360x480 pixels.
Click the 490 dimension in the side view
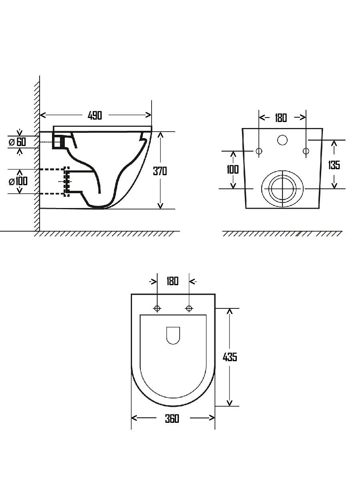[x=95, y=115]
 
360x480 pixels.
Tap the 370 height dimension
[x=160, y=171]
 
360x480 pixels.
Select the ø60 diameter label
[x=17, y=142]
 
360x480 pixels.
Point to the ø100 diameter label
[x=18, y=181]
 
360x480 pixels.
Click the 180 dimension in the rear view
[x=281, y=118]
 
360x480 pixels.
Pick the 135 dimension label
[x=334, y=165]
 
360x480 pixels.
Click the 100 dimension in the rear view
[x=233, y=170]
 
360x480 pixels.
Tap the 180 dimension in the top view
[x=172, y=281]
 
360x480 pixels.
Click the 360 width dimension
[x=172, y=418]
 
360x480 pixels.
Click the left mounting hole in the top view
[x=157, y=308]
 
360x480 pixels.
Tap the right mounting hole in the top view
[x=189, y=308]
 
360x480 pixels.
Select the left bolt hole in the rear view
[x=259, y=151]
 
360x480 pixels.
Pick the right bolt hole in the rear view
[x=306, y=151]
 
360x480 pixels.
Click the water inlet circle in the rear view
[x=282, y=140]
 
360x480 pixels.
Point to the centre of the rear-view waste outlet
[x=283, y=188]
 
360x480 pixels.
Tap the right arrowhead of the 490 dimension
[x=149, y=115]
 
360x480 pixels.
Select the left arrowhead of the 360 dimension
[x=134, y=418]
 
